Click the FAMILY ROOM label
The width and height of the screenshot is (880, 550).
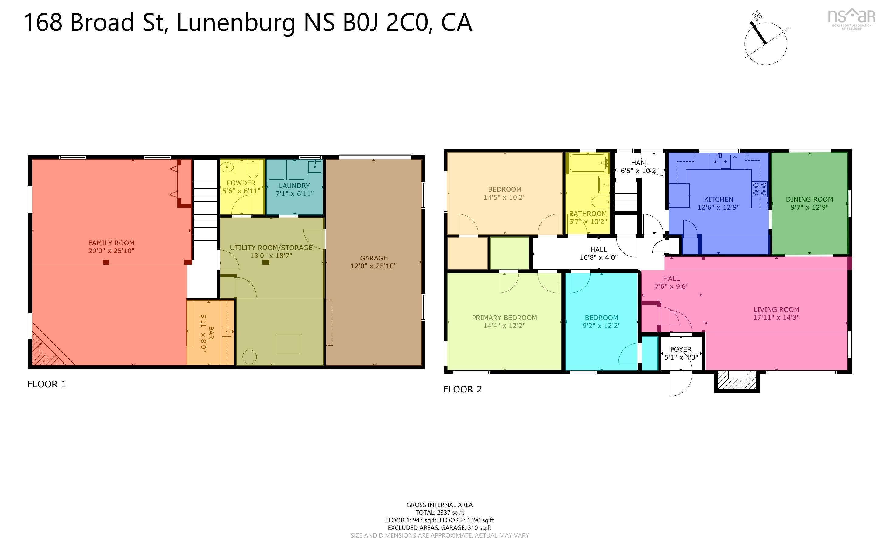111,243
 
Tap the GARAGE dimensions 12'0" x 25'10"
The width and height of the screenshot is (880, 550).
373,266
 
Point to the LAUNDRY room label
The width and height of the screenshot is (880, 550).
294,186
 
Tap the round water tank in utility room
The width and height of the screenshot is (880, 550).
249,357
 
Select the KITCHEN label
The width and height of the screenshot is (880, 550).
718,199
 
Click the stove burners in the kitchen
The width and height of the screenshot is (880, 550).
760,189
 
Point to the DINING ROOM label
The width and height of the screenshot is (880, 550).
809,199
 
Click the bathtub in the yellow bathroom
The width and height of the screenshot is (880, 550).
588,163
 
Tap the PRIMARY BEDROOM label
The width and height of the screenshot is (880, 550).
504,318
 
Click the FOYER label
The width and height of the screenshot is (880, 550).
681,349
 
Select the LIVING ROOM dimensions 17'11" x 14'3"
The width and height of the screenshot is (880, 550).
776,317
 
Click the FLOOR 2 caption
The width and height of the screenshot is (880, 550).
462,389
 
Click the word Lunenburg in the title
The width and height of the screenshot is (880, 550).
236,23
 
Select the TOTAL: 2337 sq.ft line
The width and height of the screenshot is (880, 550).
439,513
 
